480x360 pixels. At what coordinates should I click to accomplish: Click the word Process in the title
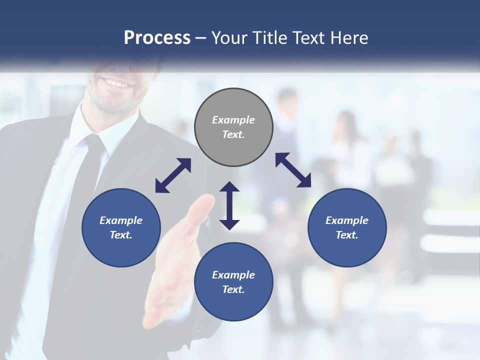(x=157, y=38)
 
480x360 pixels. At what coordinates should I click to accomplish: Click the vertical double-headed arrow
(x=229, y=205)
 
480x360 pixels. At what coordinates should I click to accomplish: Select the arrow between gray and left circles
(x=173, y=175)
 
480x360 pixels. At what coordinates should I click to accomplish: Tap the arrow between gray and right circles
(x=293, y=170)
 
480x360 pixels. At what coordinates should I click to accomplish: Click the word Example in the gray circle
(x=233, y=120)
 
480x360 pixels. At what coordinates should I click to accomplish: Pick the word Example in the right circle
(x=347, y=220)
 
